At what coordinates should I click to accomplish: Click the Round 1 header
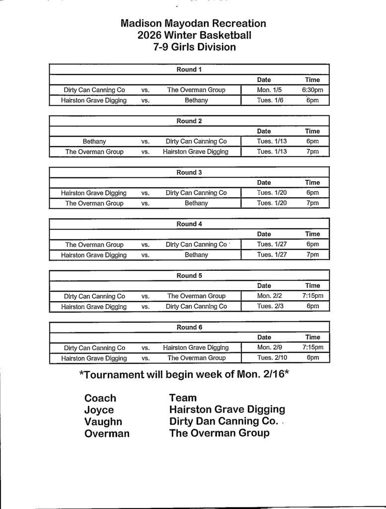tap(189, 70)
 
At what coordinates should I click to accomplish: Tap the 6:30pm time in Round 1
tap(312, 90)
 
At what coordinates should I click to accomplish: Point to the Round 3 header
tap(189, 172)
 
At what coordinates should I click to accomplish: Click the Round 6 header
tap(189, 327)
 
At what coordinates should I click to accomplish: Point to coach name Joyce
tap(99, 410)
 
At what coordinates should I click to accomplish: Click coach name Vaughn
tap(103, 422)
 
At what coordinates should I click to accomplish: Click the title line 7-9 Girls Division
tap(194, 48)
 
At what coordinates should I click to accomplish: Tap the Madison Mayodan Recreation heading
tap(194, 23)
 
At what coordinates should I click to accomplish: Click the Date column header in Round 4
tap(264, 234)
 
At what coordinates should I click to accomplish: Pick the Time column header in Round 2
tap(312, 131)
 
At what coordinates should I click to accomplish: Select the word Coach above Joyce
tap(100, 398)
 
